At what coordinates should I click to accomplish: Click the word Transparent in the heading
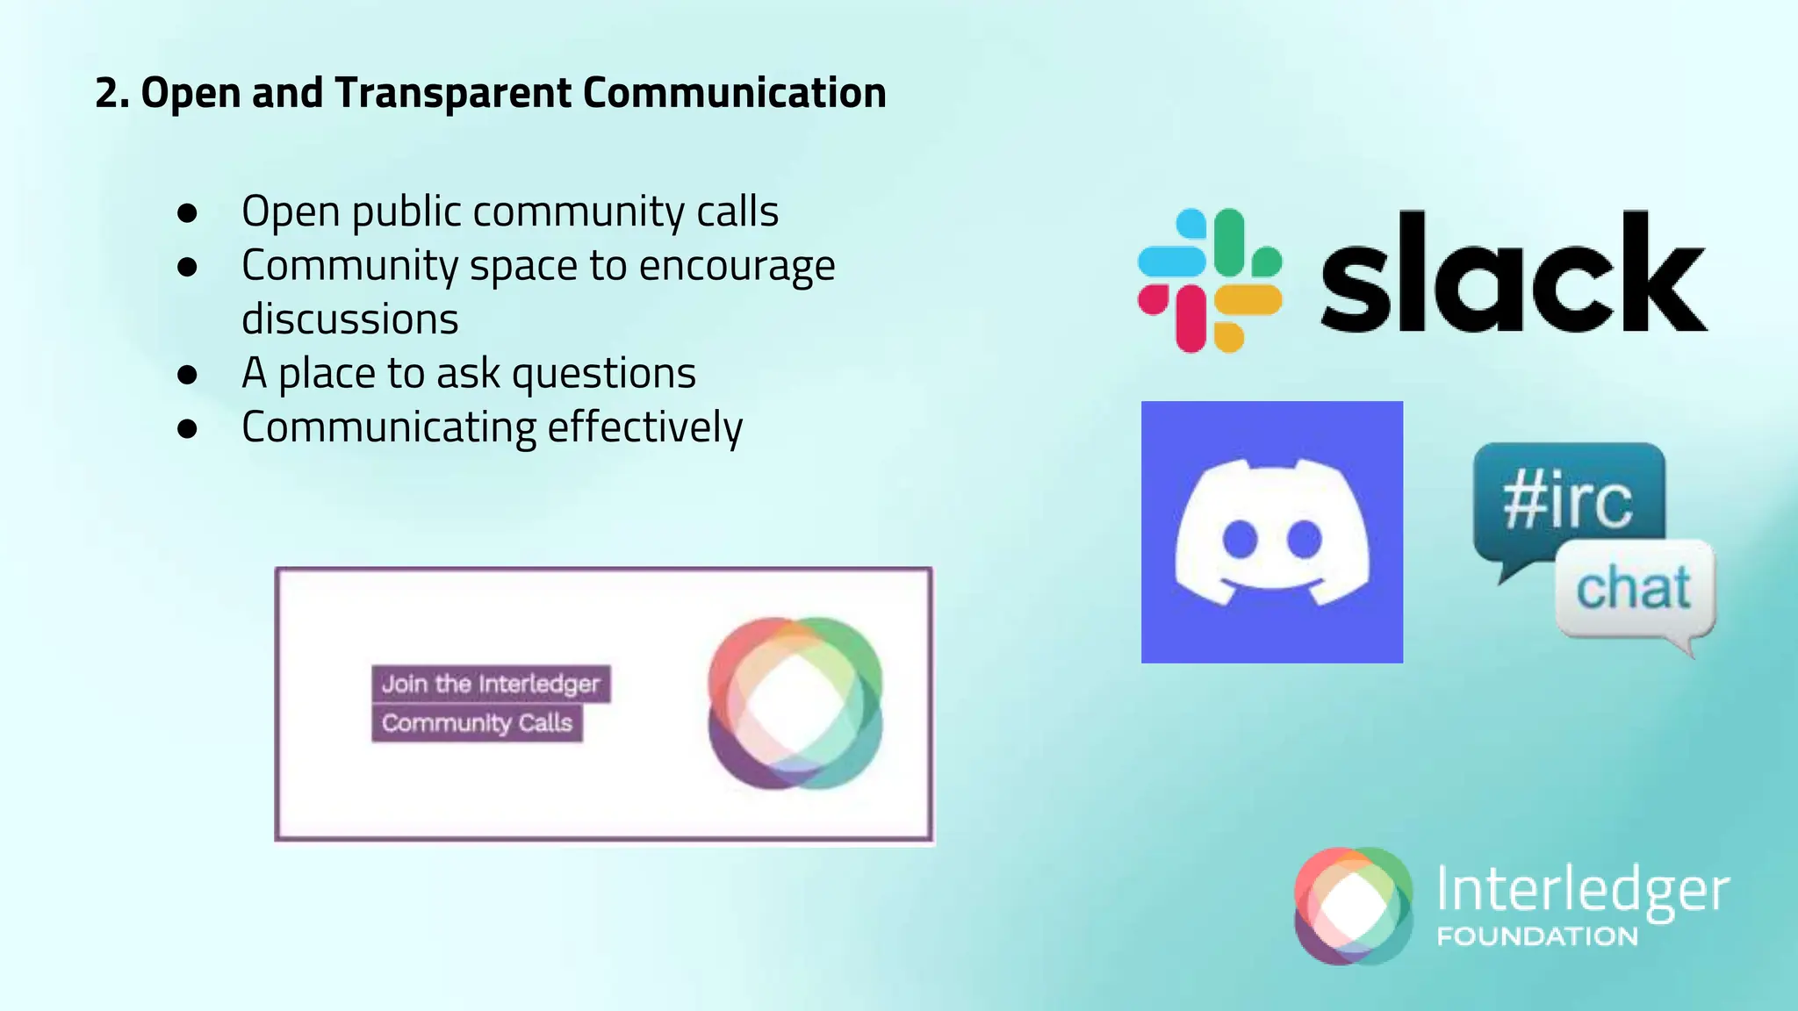click(452, 93)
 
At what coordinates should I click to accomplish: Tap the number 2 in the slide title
click(106, 93)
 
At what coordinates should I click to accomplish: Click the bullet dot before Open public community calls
click(187, 212)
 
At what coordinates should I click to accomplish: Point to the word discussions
click(349, 319)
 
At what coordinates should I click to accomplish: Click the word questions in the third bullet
click(604, 374)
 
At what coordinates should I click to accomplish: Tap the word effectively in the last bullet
click(645, 427)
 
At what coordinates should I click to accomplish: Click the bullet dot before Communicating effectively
click(187, 428)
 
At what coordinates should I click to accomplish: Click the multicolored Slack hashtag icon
click(1209, 280)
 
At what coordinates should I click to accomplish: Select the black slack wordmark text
click(1513, 274)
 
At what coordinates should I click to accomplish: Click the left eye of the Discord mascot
click(1240, 539)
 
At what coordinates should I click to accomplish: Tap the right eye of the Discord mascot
click(1305, 539)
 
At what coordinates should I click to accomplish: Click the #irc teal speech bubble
click(1568, 503)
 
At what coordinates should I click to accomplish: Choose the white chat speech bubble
click(1634, 589)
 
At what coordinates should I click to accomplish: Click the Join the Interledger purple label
click(491, 684)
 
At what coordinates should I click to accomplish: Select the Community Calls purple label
click(477, 723)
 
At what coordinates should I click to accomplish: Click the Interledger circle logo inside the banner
click(795, 703)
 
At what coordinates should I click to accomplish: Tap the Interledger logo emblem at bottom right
click(1353, 906)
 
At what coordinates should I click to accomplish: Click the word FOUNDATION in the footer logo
click(1536, 936)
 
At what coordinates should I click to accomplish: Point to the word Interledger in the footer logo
click(1582, 890)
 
